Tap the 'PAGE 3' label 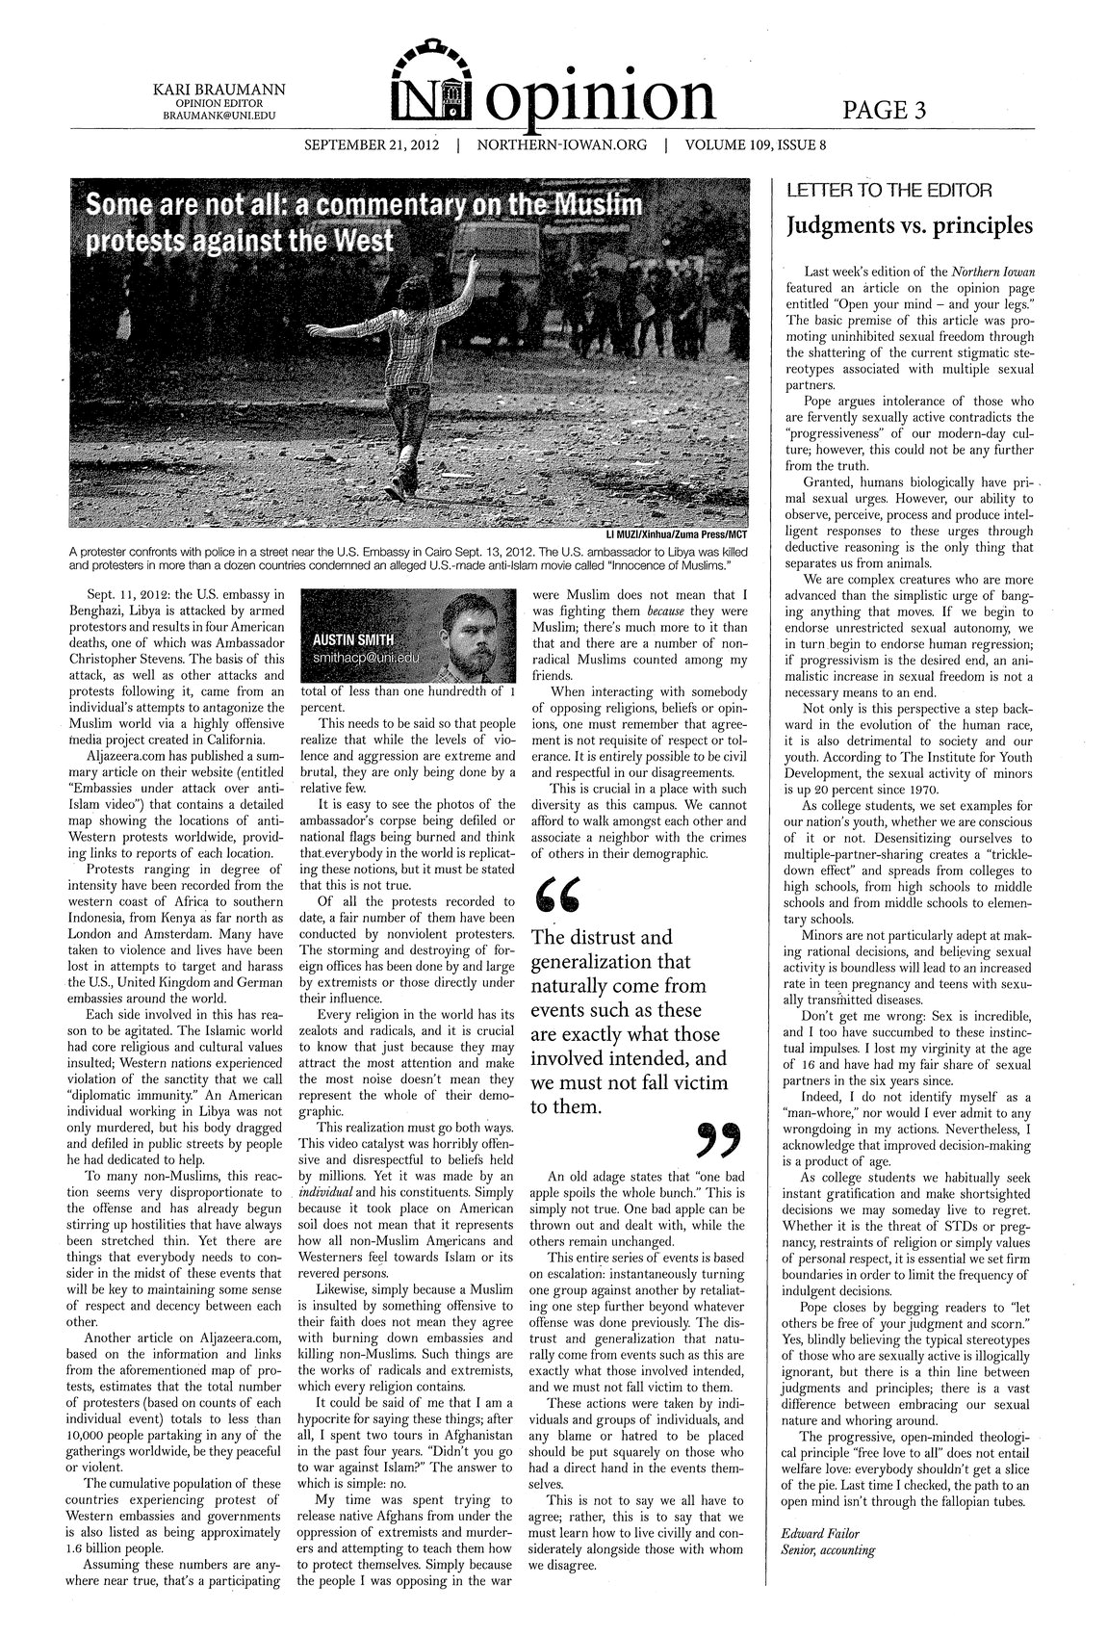884,111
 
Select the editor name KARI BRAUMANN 220,90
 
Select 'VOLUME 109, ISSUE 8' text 756,146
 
